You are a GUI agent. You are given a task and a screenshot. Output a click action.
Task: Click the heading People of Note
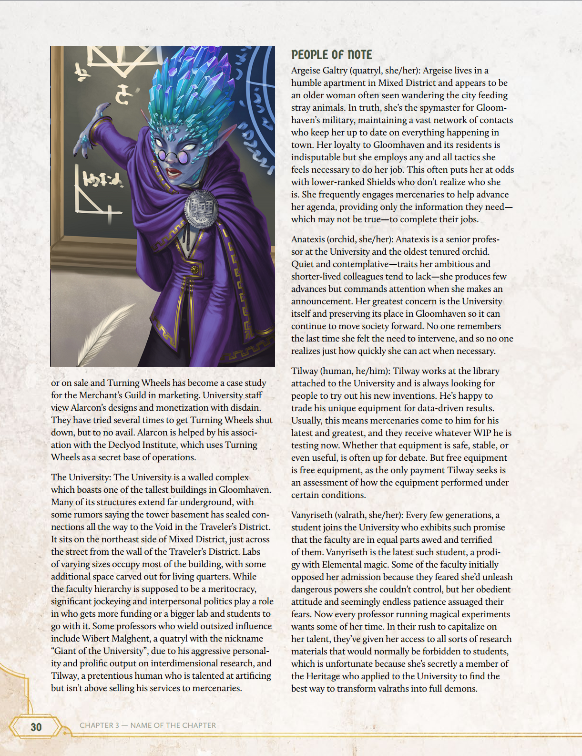[x=331, y=55]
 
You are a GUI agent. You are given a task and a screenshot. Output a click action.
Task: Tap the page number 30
[x=36, y=727]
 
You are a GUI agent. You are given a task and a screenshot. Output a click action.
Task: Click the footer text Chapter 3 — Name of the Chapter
[x=148, y=725]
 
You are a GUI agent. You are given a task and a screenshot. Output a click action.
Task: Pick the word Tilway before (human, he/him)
[x=305, y=371]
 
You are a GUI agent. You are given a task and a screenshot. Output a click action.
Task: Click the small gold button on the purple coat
[x=194, y=270]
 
